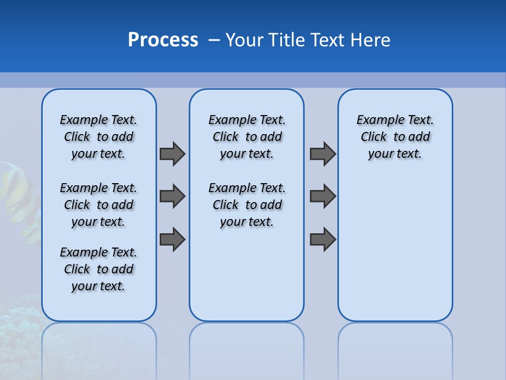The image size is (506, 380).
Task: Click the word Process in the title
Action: pyautogui.click(x=163, y=40)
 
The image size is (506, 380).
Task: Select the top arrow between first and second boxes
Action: pyautogui.click(x=172, y=154)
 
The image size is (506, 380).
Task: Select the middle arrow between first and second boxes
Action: pyautogui.click(x=172, y=196)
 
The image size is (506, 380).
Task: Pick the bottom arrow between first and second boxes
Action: pyautogui.click(x=172, y=239)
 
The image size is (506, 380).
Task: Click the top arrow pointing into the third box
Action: pyautogui.click(x=323, y=154)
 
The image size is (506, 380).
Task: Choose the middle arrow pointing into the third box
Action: pyautogui.click(x=323, y=196)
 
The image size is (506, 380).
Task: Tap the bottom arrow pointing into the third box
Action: pyautogui.click(x=323, y=239)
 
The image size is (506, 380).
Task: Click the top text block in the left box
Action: pyautogui.click(x=99, y=137)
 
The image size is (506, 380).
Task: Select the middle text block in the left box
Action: pyautogui.click(x=99, y=205)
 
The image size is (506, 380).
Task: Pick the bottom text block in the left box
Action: pyautogui.click(x=99, y=269)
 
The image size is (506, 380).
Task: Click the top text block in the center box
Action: pyautogui.click(x=247, y=137)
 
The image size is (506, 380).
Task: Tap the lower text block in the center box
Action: pyautogui.click(x=247, y=205)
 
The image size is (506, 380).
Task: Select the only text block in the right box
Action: pyautogui.click(x=395, y=137)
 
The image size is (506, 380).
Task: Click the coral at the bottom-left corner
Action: pyautogui.click(x=18, y=317)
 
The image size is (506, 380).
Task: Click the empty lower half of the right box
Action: pyautogui.click(x=395, y=253)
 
